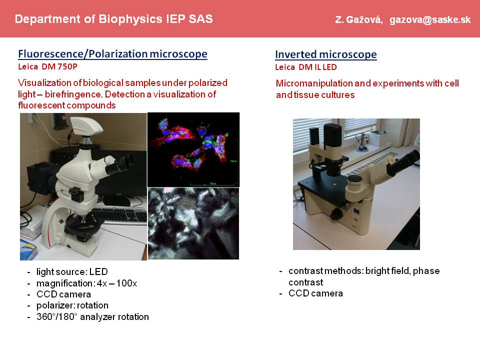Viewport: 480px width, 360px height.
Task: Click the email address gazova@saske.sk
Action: coord(430,20)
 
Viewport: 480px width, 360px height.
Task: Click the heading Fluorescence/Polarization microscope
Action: coord(112,54)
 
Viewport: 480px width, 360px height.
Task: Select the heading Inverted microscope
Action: coord(325,54)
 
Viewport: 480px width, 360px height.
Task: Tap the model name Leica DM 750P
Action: coord(48,66)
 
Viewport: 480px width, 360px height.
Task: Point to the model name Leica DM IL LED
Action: coord(306,67)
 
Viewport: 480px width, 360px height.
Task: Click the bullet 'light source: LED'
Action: coord(72,272)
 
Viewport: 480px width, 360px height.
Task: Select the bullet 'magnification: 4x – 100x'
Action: coord(86,283)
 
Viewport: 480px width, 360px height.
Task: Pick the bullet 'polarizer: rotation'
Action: coord(72,305)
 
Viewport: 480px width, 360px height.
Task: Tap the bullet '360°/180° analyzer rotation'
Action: coord(92,316)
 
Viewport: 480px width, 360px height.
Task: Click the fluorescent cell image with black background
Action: coord(193,149)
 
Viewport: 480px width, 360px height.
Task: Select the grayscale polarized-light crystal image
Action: coord(193,223)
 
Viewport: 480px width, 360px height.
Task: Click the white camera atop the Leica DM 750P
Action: coord(86,126)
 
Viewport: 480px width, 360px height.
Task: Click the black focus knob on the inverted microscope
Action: coord(336,213)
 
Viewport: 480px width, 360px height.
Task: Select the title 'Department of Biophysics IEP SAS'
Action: coord(113,19)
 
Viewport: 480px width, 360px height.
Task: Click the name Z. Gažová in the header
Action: coord(359,20)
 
